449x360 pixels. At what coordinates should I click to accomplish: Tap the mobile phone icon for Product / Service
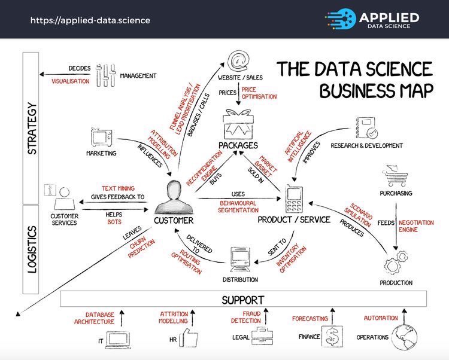pos(294,200)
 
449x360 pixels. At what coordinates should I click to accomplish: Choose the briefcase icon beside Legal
pos(260,335)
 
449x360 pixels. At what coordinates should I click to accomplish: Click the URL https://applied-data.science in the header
pos(90,20)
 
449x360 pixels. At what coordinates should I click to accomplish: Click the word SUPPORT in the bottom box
pos(243,299)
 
